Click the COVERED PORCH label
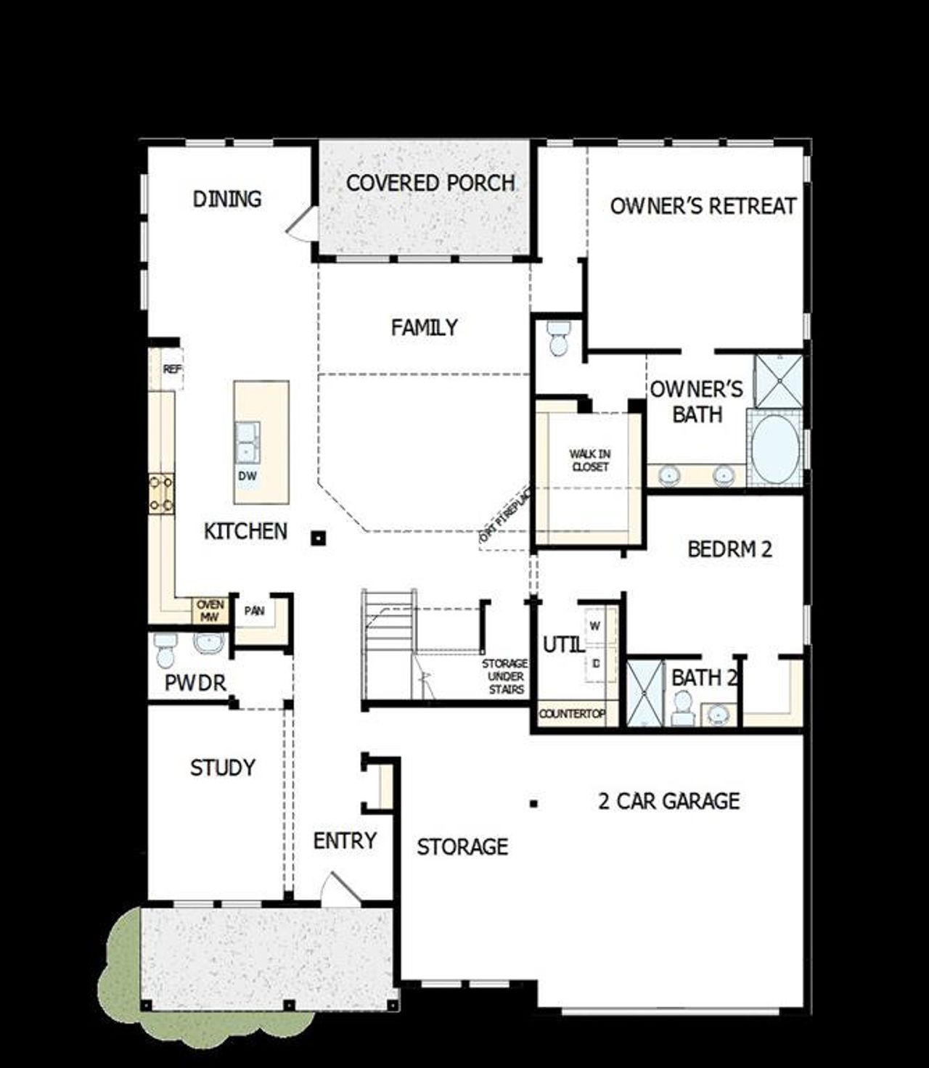click(430, 183)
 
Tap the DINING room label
click(227, 199)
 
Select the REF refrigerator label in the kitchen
click(172, 369)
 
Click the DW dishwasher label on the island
click(247, 477)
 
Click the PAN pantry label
click(254, 611)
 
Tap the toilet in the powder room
click(165, 649)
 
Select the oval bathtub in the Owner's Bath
click(774, 449)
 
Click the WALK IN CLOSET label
click(590, 461)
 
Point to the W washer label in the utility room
click(595, 626)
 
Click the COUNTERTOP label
click(572, 714)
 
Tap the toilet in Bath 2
click(682, 707)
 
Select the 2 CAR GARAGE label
click(668, 801)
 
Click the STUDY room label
click(223, 768)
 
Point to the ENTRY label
click(345, 841)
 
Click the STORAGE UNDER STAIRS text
click(506, 676)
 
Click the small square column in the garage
click(533, 803)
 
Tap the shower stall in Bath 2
click(645, 692)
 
